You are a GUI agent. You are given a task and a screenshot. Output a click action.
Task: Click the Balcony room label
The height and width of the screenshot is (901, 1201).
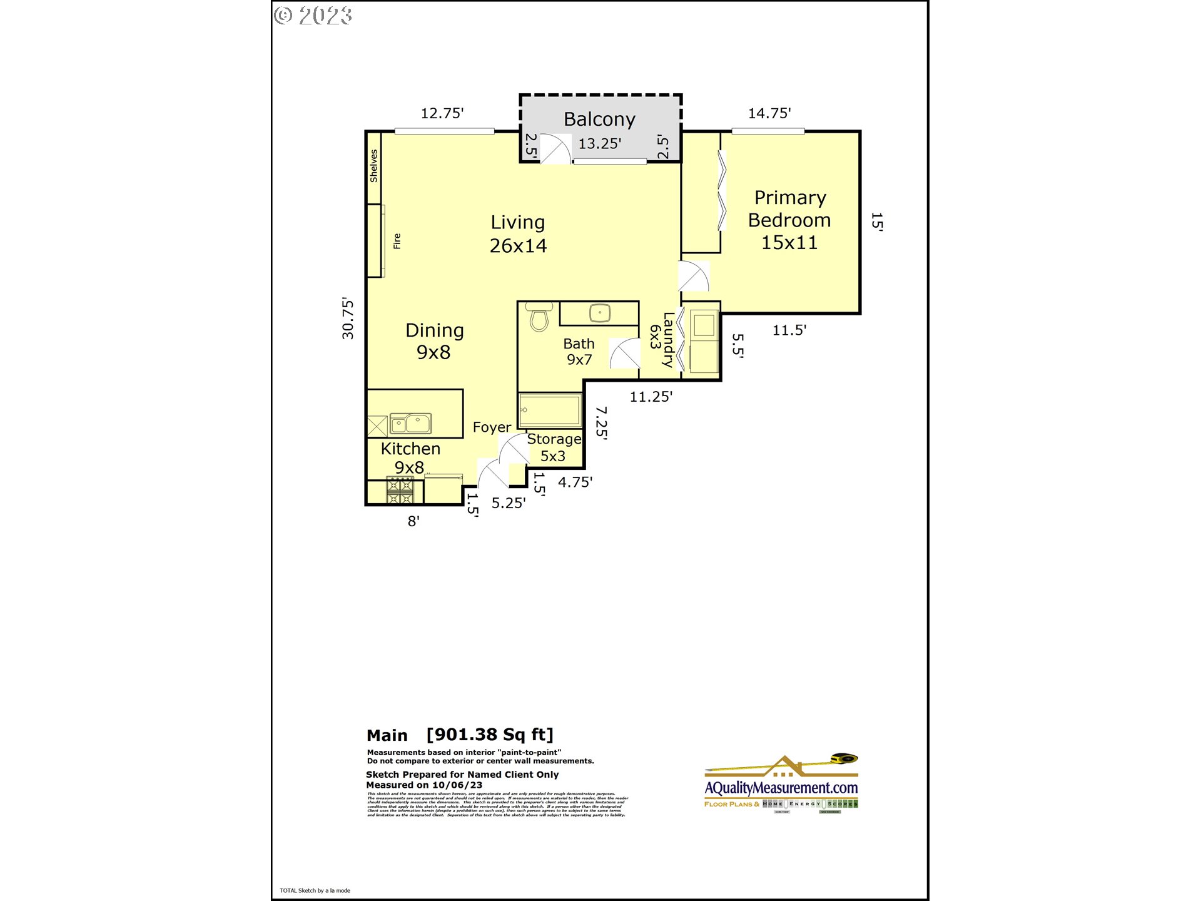599,119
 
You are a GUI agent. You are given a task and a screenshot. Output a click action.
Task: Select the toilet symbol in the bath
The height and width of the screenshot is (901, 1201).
539,317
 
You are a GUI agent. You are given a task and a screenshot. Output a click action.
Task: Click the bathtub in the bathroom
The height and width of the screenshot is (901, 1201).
550,410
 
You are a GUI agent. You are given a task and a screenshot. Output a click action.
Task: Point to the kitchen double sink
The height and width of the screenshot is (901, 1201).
410,424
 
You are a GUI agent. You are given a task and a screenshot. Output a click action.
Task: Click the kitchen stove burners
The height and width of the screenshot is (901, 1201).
400,491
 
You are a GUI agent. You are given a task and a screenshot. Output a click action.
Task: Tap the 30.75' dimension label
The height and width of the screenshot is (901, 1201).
348,318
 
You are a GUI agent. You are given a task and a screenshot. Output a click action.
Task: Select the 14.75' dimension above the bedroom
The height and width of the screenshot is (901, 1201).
769,113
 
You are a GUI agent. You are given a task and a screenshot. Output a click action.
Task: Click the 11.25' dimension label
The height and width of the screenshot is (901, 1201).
651,397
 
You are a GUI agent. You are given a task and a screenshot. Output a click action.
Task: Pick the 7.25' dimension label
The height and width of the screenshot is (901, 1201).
601,422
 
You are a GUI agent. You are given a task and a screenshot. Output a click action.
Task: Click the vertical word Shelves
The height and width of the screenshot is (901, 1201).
373,166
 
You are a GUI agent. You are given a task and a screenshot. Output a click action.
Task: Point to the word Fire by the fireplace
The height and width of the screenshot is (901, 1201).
397,241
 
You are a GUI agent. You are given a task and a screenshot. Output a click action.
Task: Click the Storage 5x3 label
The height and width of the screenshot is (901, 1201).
554,447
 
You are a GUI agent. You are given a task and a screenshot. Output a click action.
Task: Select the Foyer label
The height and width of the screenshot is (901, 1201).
492,427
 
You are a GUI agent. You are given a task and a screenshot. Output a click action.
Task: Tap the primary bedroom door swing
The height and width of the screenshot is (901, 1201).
694,276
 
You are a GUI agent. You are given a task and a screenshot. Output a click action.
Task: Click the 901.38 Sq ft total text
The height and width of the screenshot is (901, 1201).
490,735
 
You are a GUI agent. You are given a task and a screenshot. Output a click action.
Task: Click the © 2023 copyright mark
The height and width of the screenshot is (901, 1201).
313,15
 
